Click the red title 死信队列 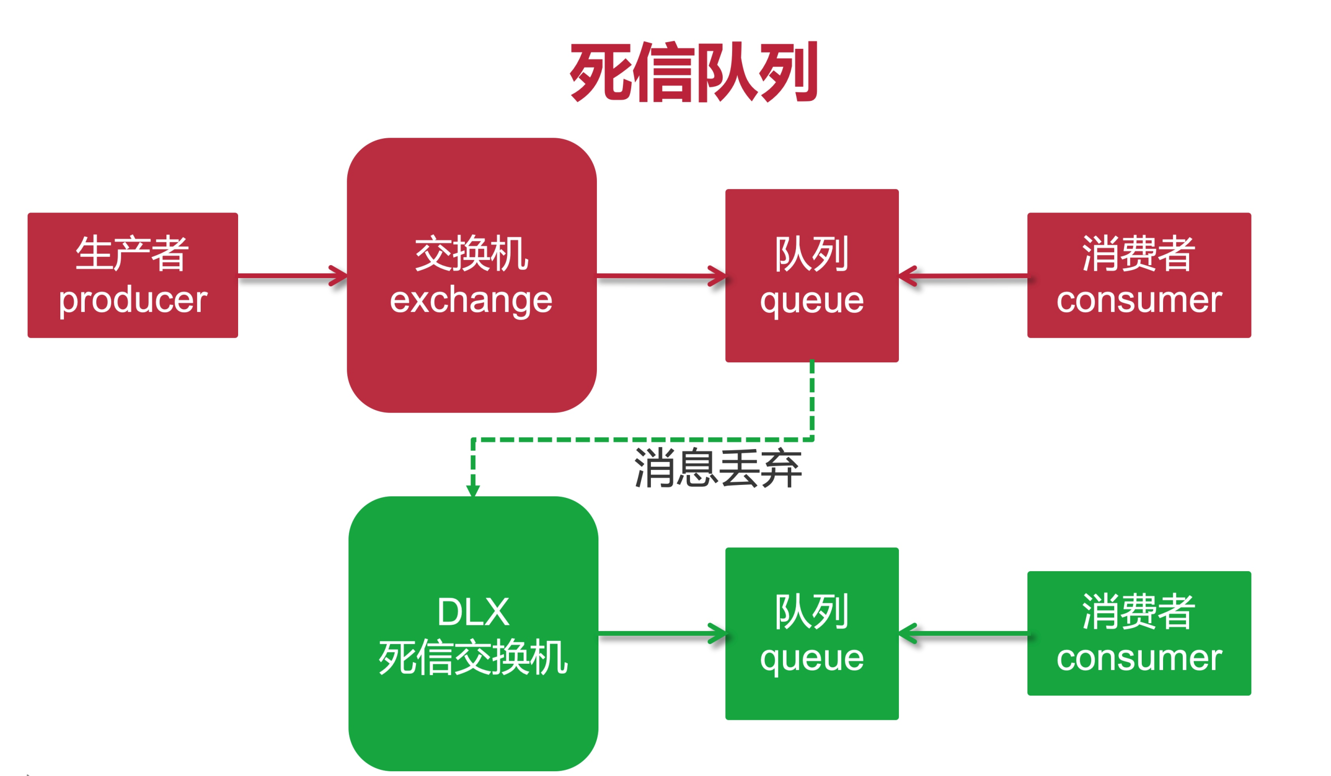[694, 72]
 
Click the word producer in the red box [133, 300]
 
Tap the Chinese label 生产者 [132, 254]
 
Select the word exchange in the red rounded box [471, 300]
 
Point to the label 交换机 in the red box [471, 254]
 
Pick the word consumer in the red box [1139, 300]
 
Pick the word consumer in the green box [1139, 657]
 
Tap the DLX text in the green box [473, 612]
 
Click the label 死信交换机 [473, 657]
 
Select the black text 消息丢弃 [718, 468]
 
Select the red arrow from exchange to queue [661, 275]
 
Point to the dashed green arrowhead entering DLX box [473, 490]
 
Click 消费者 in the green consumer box [1139, 612]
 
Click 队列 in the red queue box [812, 254]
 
